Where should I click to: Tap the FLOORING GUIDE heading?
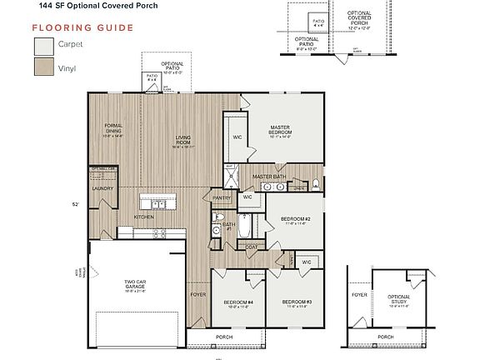(x=83, y=27)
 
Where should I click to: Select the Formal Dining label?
(x=113, y=128)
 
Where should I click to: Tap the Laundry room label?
(x=102, y=188)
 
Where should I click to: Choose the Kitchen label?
(x=144, y=217)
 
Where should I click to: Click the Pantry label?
(x=222, y=197)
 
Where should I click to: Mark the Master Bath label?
(x=269, y=177)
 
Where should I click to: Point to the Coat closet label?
(x=251, y=247)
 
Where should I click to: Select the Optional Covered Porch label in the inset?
(x=359, y=18)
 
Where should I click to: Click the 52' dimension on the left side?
(x=76, y=202)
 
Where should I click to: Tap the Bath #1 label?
(x=229, y=225)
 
